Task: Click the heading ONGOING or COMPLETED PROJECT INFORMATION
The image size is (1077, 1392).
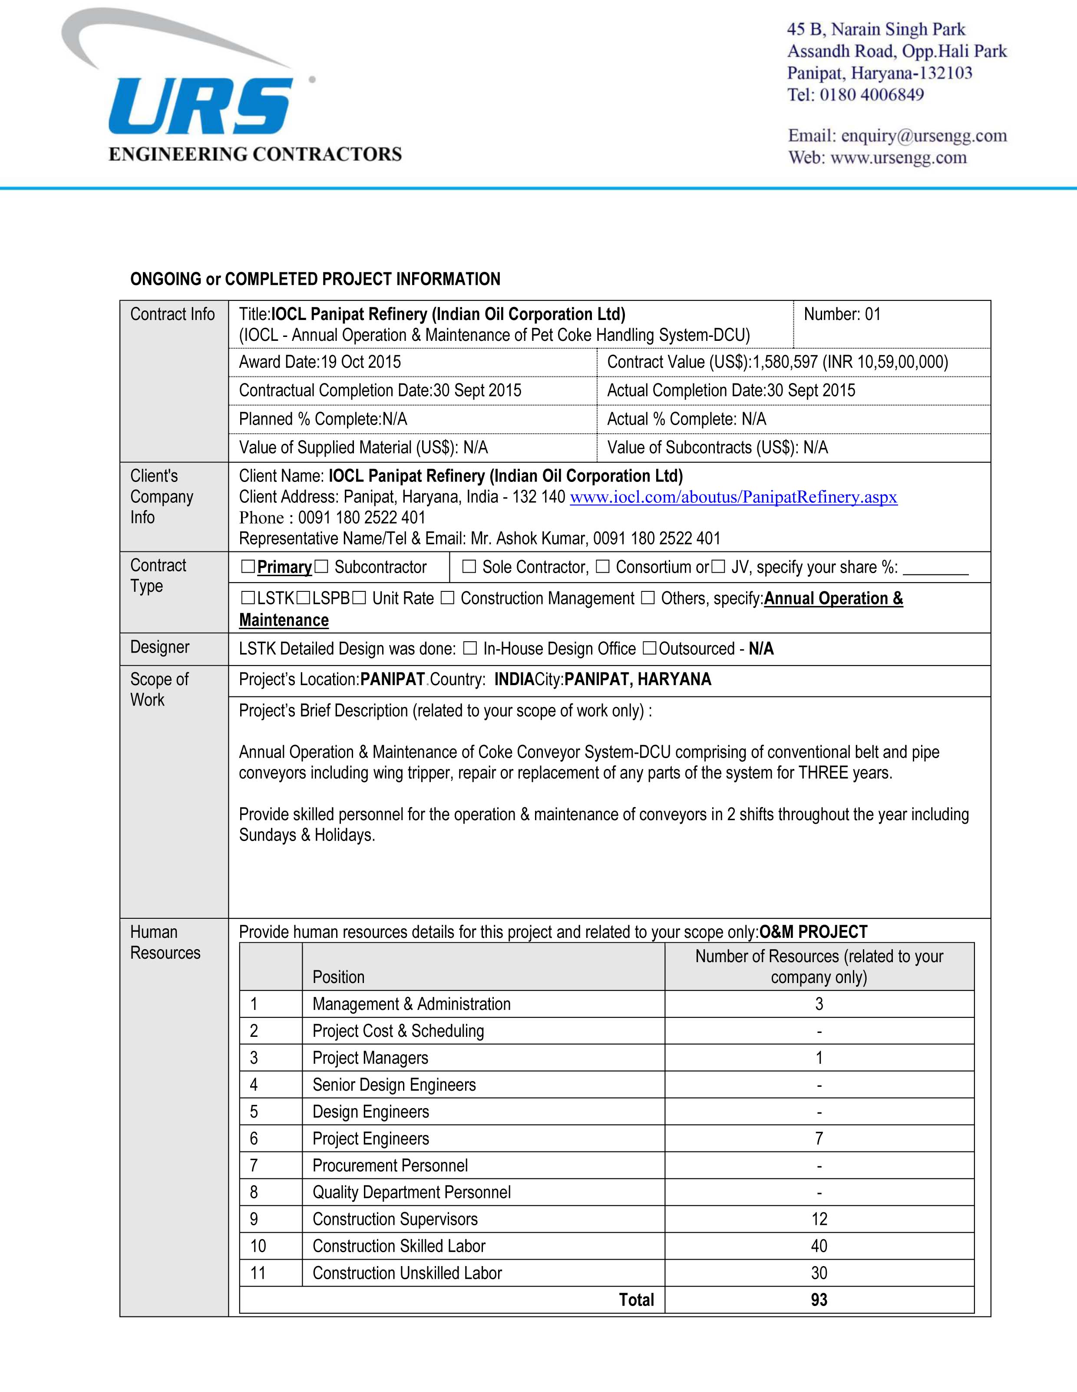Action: click(x=315, y=279)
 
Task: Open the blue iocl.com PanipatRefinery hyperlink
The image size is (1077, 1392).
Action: click(x=733, y=497)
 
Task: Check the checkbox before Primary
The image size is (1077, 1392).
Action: click(x=248, y=567)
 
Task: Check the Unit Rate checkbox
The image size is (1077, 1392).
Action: click(x=359, y=598)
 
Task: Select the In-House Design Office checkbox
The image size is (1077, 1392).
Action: click(x=469, y=649)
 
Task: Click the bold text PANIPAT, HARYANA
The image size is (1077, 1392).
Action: click(x=637, y=680)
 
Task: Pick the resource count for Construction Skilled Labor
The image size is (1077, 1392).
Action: click(x=819, y=1246)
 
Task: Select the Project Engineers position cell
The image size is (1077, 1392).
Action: click(x=370, y=1138)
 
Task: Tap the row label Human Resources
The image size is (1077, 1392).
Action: click(x=165, y=942)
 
